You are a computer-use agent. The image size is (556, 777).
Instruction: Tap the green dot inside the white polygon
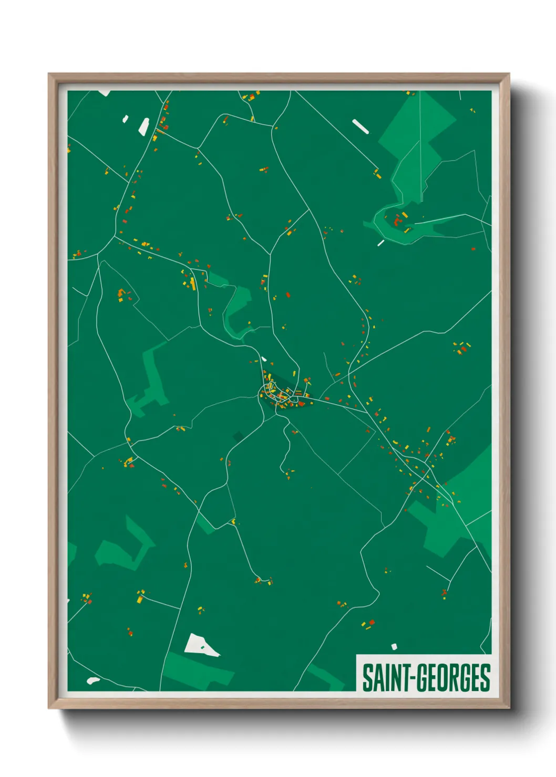click(x=202, y=647)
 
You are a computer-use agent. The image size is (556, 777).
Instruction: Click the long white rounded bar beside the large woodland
click(x=360, y=127)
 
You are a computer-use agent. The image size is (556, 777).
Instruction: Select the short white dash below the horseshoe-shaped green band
click(x=380, y=243)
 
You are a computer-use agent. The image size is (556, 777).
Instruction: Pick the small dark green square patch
click(x=238, y=436)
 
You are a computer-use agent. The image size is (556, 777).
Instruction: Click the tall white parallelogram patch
click(x=144, y=127)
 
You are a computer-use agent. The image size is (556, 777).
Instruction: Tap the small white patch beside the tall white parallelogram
click(x=125, y=119)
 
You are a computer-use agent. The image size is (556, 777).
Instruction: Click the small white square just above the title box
click(x=394, y=646)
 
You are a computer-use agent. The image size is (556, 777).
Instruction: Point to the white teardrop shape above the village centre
click(x=263, y=359)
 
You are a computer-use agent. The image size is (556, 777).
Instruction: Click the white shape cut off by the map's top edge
click(x=104, y=93)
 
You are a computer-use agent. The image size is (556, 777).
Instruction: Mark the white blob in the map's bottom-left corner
click(x=93, y=680)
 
